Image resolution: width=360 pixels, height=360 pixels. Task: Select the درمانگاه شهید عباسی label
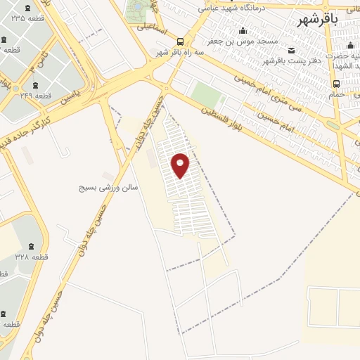pyautogui.click(x=230, y=8)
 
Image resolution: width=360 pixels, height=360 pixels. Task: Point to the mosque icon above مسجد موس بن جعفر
pyautogui.click(x=243, y=30)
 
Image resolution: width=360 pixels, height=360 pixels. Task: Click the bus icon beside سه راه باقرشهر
pyautogui.click(x=181, y=41)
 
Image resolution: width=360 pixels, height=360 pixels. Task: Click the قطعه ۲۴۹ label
pyautogui.click(x=36, y=94)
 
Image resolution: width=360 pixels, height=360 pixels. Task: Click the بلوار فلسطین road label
pyautogui.click(x=220, y=115)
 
